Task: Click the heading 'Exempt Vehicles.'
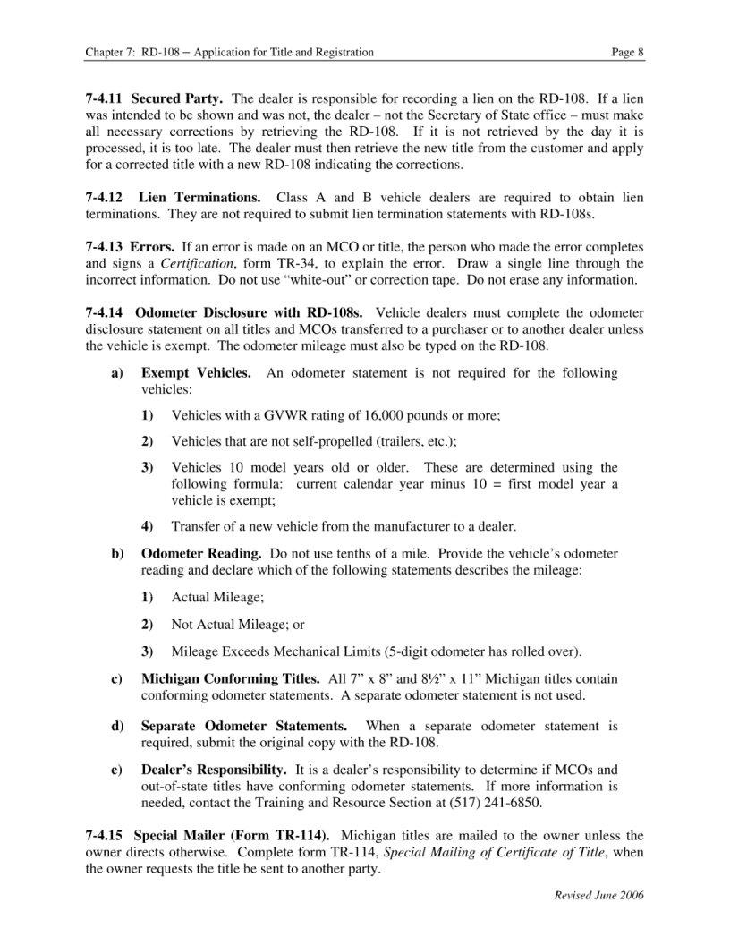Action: (x=196, y=372)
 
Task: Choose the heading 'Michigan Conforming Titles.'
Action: (x=231, y=679)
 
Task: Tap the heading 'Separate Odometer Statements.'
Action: (x=244, y=726)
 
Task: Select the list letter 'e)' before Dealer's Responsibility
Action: (x=117, y=770)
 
